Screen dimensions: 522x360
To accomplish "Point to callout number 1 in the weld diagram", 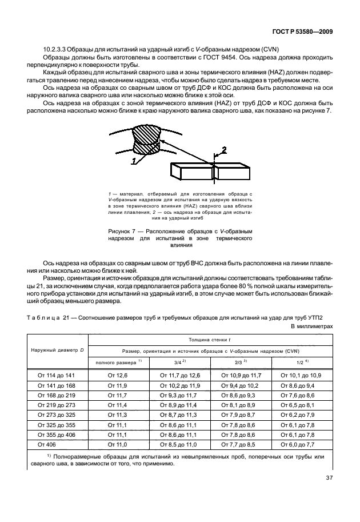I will (133, 162).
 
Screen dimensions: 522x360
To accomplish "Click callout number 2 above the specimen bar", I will (224, 150).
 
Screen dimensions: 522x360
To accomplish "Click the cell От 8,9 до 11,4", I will (179, 405).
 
